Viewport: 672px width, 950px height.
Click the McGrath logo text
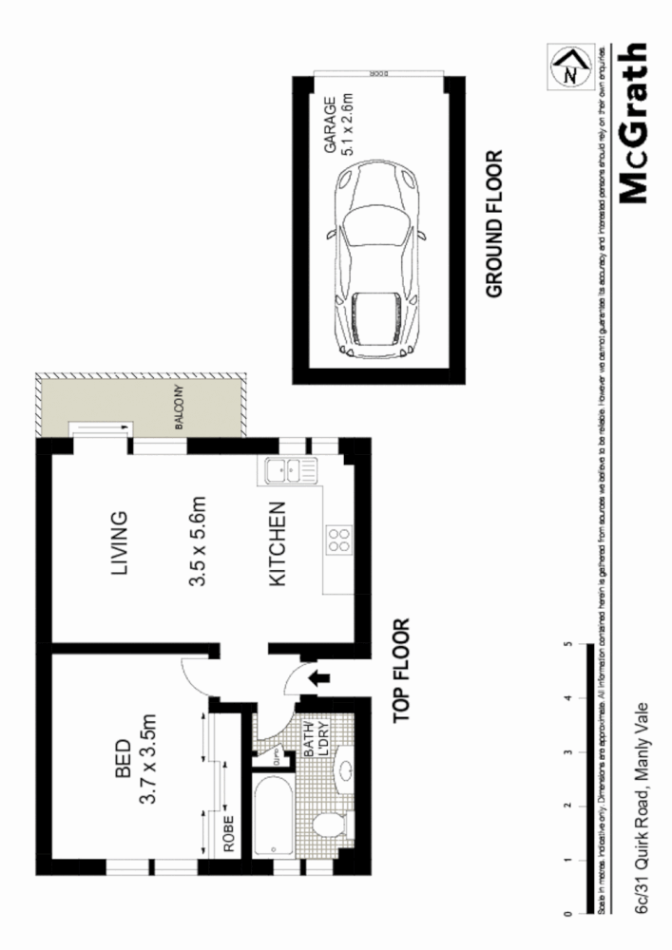(635, 124)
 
